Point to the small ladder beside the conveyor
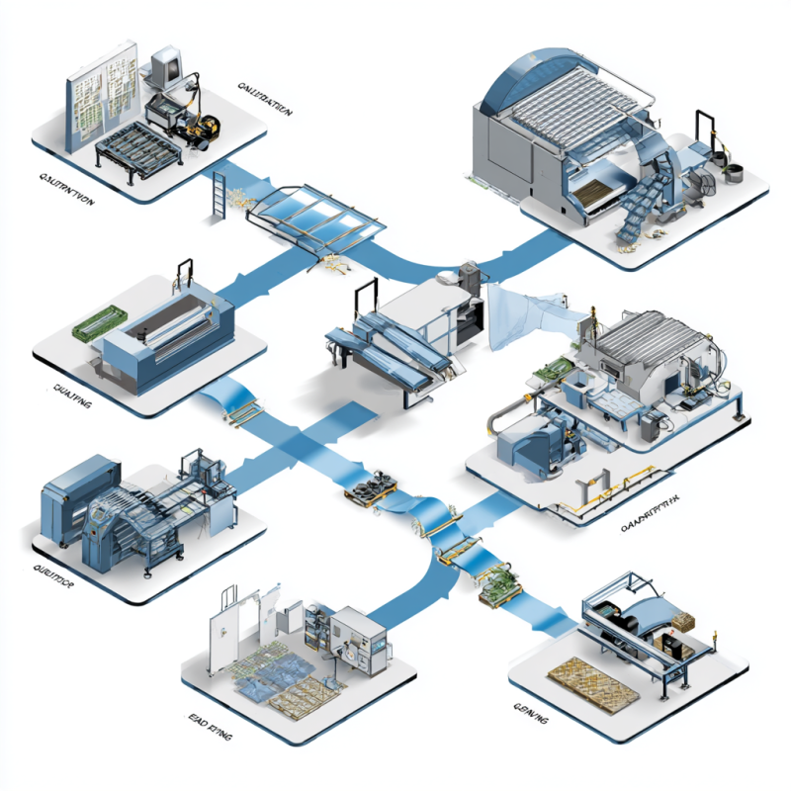click(220, 194)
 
